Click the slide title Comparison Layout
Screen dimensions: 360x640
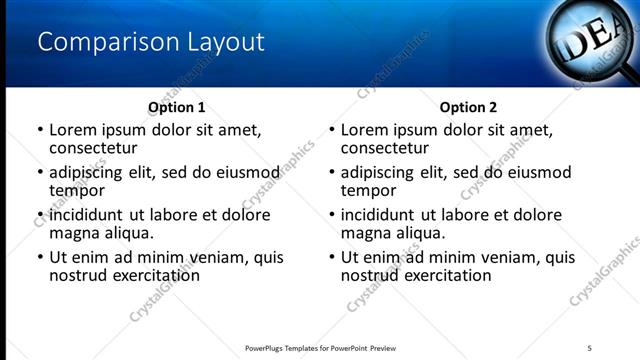pos(151,42)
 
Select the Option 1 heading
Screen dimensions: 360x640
pos(177,107)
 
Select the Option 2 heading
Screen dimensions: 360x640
pos(468,107)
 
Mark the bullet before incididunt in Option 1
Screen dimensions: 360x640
pos(40,215)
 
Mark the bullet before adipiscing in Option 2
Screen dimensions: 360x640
pos(332,172)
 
